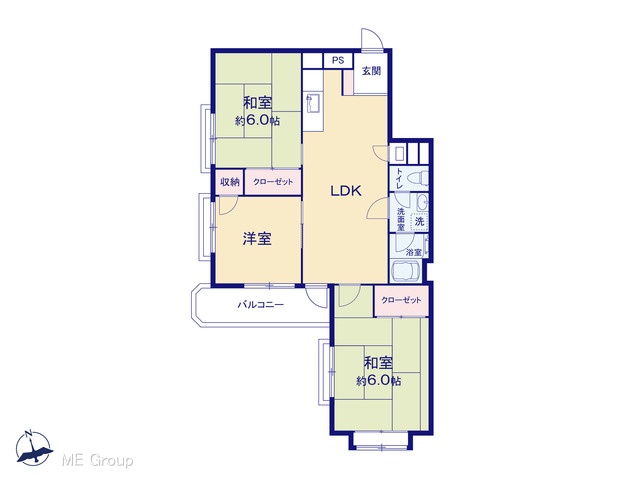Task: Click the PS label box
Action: tap(338, 60)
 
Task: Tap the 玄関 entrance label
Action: tap(371, 71)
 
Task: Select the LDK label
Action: tap(346, 191)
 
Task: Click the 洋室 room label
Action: tap(257, 239)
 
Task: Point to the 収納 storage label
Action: tap(230, 182)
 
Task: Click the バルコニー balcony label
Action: tap(260, 304)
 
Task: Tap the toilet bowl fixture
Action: tap(418, 178)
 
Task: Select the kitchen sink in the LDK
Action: tap(313, 103)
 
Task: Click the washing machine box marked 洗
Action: tap(420, 222)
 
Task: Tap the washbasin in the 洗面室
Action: tap(422, 202)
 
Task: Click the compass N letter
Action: tap(28, 433)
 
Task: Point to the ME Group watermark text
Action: tap(97, 460)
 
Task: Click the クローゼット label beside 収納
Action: tap(273, 182)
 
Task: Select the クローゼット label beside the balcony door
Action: tap(401, 300)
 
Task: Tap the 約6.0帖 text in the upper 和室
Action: tap(257, 121)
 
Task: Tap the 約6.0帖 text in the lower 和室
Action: tap(378, 381)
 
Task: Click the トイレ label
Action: tap(400, 178)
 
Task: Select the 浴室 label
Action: tap(413, 253)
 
